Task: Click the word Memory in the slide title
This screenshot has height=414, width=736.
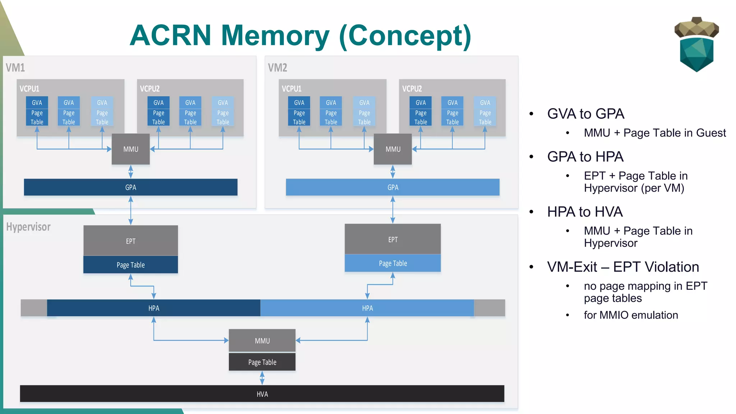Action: pos(275,36)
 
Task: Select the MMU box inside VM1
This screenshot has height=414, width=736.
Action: pos(130,149)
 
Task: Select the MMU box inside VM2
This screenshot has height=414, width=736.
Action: pos(392,149)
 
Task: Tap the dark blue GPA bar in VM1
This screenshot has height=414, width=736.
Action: pos(130,187)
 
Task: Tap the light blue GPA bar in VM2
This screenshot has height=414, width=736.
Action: pos(392,187)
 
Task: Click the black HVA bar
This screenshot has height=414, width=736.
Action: pos(262,394)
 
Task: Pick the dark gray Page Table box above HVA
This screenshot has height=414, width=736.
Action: pos(262,362)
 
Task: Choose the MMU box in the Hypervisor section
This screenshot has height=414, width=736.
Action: pos(262,340)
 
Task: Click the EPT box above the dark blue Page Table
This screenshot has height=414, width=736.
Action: pos(130,241)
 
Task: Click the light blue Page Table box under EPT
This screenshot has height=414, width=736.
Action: pos(392,263)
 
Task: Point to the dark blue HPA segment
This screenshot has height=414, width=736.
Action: pos(153,308)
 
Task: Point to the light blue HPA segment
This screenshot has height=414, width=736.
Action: pos(367,308)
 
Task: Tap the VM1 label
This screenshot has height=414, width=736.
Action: pos(15,68)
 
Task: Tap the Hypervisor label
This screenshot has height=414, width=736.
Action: pos(28,227)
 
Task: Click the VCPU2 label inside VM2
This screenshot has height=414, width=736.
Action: pos(412,89)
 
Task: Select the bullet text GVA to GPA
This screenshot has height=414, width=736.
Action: pos(585,114)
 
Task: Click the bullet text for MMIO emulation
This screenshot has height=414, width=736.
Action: pos(631,315)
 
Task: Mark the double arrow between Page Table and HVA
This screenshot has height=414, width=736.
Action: pos(262,378)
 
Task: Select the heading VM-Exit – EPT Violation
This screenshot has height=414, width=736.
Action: pos(623,267)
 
